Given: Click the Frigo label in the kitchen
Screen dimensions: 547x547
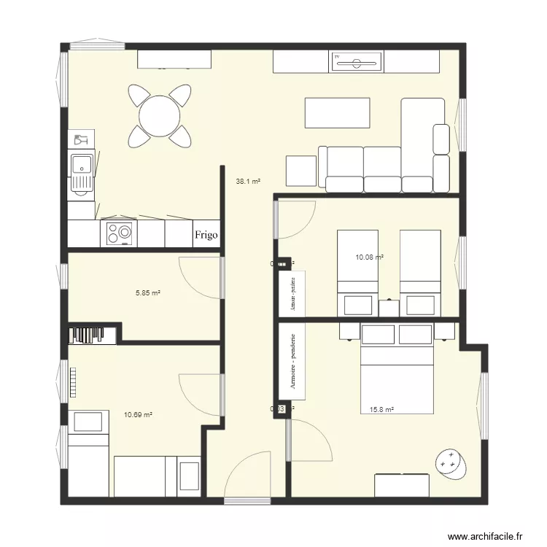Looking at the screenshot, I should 206,235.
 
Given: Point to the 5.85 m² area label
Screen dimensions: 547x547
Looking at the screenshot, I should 147,292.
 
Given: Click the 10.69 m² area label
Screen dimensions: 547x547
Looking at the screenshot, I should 138,414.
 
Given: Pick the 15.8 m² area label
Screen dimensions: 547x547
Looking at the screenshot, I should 381,410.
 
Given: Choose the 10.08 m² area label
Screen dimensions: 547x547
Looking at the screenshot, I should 369,257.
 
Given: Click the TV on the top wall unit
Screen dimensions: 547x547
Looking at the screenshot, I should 357,62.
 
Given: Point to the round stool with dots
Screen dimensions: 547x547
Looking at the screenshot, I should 450,462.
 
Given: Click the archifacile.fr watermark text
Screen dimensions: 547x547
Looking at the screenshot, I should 486,536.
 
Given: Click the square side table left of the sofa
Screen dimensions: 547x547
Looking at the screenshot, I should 300,171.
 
